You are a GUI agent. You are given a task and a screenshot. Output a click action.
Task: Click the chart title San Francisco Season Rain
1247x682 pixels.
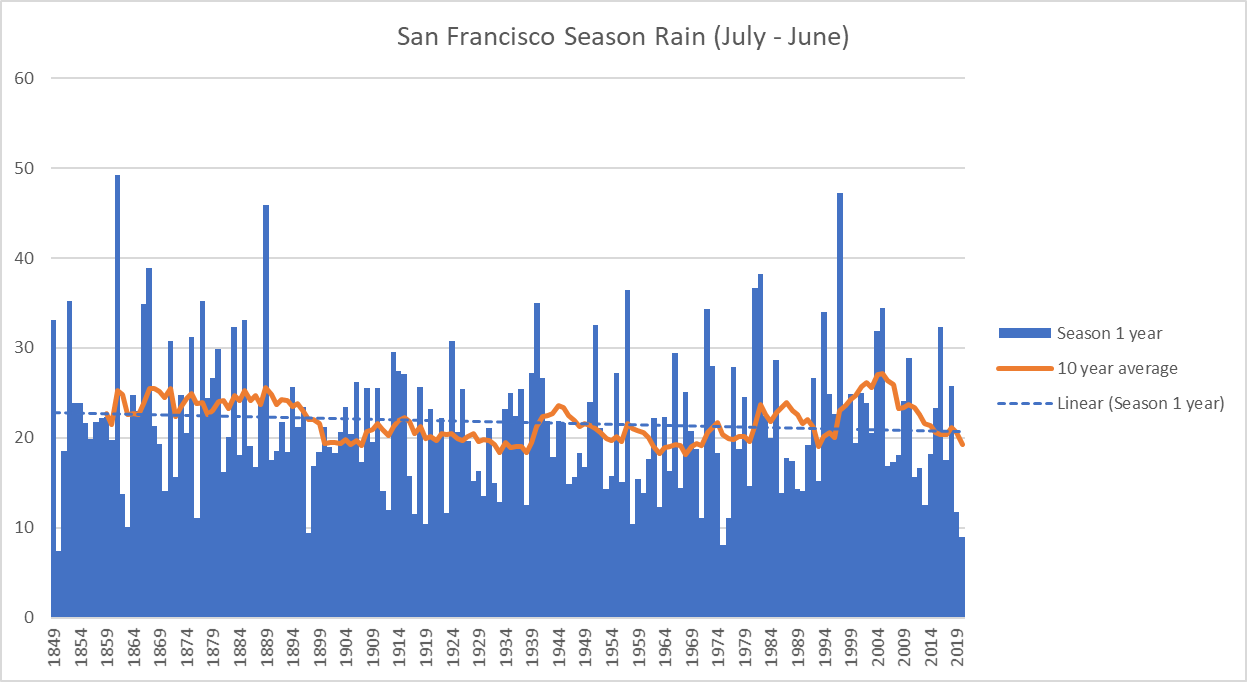[x=623, y=38]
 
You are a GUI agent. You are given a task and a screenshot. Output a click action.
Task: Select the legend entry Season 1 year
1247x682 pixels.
[x=1107, y=332]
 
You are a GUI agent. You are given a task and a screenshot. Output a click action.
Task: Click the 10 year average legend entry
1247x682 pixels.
[x=1117, y=368]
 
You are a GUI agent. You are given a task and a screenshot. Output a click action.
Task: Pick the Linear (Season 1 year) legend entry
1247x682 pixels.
[x=1140, y=403]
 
